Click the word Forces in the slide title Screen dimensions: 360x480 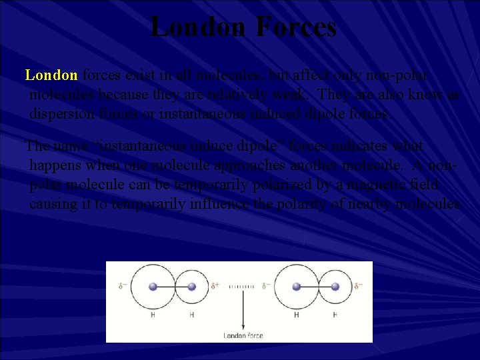296,27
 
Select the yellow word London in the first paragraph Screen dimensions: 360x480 51,75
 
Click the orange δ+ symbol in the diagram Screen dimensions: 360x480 215,286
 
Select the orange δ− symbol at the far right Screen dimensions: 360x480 359,287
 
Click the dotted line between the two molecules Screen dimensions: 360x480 242,287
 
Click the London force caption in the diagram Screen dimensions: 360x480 242,335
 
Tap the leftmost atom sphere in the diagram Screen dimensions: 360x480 153,287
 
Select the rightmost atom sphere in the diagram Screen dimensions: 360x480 335,287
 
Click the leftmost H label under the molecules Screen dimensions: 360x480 153,314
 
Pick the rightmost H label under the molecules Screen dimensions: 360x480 335,314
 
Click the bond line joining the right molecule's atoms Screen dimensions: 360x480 315,287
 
